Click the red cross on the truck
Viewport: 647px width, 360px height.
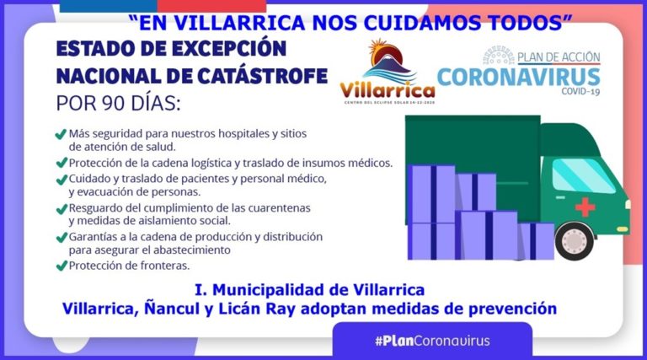(x=585, y=207)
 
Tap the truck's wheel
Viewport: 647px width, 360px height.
(x=575, y=241)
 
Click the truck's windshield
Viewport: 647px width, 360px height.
(x=583, y=175)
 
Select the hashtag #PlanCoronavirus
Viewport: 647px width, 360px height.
(x=432, y=341)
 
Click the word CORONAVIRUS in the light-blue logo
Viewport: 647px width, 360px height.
(x=519, y=78)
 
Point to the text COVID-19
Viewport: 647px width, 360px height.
(x=580, y=91)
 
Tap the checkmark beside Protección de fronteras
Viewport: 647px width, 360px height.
(x=61, y=266)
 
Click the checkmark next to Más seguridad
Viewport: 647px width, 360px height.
(x=61, y=134)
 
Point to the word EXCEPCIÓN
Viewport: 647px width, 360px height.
(x=229, y=48)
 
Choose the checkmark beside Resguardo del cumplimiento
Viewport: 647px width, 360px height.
(x=61, y=209)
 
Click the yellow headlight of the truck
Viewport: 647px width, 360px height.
(x=623, y=228)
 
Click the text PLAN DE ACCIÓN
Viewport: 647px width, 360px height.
(x=559, y=57)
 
